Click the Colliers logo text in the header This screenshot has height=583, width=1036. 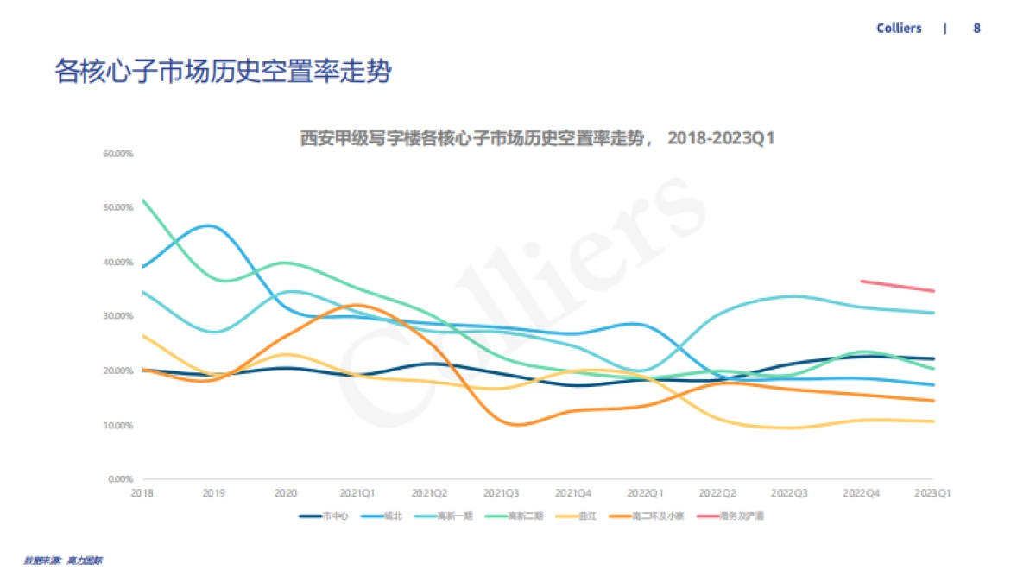[x=899, y=29]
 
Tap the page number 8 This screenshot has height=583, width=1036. [x=976, y=29]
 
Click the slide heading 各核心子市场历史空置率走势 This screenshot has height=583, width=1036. [x=224, y=72]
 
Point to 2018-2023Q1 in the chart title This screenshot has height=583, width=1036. [x=723, y=138]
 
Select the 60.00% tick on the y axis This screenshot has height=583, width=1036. [x=117, y=154]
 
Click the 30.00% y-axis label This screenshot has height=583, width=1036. [x=117, y=316]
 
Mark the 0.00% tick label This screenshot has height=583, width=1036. [x=120, y=478]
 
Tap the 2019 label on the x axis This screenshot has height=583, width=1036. [x=214, y=493]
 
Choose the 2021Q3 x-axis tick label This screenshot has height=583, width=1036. [x=502, y=493]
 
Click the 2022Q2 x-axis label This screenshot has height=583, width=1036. [x=717, y=493]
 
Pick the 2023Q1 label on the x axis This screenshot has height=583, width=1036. [x=932, y=493]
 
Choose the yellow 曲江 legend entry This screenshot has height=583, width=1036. [x=588, y=516]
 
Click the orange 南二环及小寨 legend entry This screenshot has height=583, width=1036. [x=658, y=516]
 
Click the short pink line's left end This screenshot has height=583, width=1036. [x=862, y=281]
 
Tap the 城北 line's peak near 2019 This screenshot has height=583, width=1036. [x=210, y=225]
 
